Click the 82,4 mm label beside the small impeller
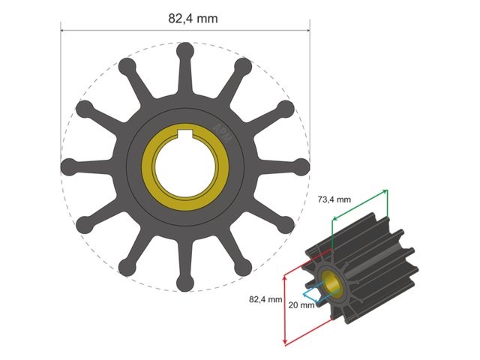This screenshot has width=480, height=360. pos(265,298)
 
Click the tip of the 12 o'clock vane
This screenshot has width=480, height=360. pos(184,51)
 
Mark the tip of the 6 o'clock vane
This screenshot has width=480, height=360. pos(184,283)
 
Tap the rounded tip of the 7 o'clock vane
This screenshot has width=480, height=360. pos(125,266)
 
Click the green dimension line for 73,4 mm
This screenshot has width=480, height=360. pos(360,205)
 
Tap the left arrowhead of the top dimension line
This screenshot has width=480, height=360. pos(63,31)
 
